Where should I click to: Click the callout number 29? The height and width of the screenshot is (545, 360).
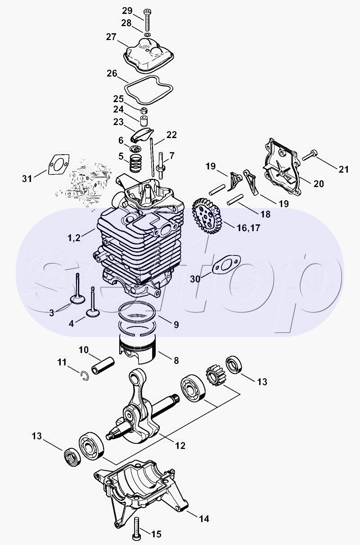tap(127, 11)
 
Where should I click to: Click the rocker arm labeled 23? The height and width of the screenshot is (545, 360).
tap(142, 134)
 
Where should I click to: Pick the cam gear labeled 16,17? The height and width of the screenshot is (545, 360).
tap(207, 216)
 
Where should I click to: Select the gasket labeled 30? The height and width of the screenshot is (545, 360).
tap(226, 264)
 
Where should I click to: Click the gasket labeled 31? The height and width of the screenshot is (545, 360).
tap(58, 164)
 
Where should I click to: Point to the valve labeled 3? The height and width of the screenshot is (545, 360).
tap(78, 291)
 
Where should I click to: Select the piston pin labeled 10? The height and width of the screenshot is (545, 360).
tap(103, 366)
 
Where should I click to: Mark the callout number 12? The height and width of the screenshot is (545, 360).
tap(180, 445)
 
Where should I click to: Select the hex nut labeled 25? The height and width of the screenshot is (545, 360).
tap(144, 111)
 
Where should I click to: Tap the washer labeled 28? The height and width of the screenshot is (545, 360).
tap(147, 34)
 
